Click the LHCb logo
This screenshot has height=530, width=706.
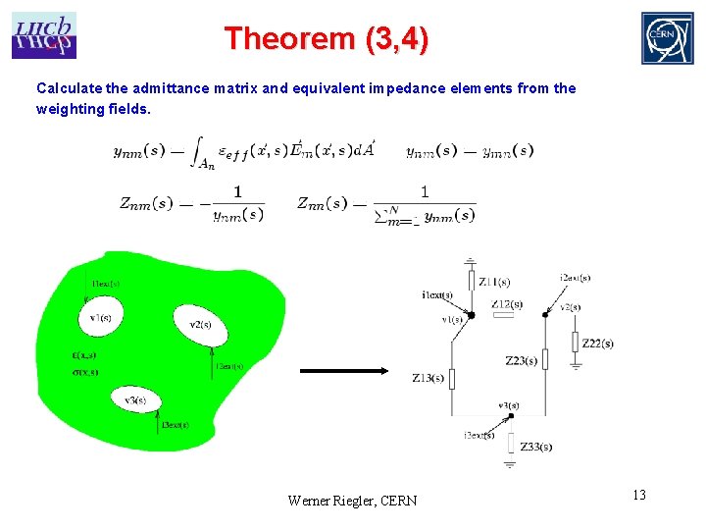coord(44,35)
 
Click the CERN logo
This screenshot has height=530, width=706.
coord(667,38)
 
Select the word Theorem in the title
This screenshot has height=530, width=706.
coord(288,39)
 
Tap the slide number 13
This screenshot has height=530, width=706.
coord(638,495)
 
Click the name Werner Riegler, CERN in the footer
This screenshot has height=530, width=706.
coord(352,501)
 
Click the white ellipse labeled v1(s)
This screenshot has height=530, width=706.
coord(100,317)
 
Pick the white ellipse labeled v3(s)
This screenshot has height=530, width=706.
coord(135,400)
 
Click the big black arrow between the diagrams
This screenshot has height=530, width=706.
coord(343,371)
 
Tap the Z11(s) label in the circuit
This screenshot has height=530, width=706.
coord(494,283)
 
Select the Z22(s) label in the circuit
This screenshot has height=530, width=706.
coord(597,343)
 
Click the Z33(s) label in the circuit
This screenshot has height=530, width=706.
coord(535,447)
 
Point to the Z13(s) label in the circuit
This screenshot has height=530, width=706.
coord(428,378)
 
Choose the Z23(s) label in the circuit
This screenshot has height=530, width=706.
coord(521,361)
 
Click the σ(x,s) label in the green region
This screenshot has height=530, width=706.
coord(84,372)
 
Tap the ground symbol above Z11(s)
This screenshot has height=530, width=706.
coord(471,262)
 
